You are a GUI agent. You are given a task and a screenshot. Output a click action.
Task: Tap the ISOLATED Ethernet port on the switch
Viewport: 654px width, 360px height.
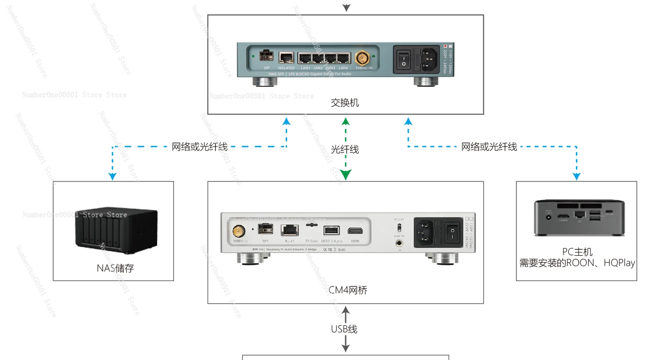pyautogui.click(x=286, y=58)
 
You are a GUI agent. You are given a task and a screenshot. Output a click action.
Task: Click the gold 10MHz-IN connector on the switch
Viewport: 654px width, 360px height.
pyautogui.click(x=362, y=58)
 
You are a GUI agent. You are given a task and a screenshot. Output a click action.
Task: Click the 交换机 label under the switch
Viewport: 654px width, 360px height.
pyautogui.click(x=345, y=103)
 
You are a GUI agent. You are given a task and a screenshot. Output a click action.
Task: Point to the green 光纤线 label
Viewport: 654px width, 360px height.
pyautogui.click(x=345, y=149)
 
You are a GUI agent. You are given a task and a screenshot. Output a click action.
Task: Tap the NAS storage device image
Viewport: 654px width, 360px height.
pyautogui.click(x=116, y=232)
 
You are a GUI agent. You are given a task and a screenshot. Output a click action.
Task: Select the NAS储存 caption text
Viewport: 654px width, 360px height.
pyautogui.click(x=115, y=268)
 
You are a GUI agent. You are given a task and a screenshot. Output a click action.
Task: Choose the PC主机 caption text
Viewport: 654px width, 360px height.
pyautogui.click(x=577, y=252)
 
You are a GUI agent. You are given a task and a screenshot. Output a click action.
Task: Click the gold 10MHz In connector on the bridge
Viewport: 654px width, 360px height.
pyautogui.click(x=237, y=231)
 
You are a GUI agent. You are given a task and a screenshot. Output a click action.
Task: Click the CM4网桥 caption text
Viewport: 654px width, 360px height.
pyautogui.click(x=347, y=290)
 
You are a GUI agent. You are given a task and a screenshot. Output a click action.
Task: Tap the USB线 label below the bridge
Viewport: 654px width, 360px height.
pyautogui.click(x=344, y=329)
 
